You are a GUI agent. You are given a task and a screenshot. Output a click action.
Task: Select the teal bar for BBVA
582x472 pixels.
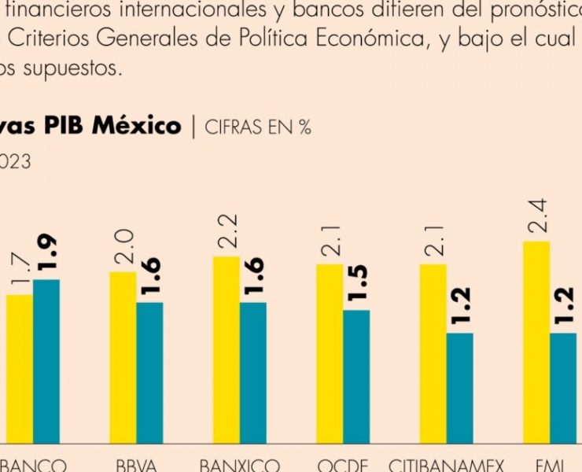[149, 373]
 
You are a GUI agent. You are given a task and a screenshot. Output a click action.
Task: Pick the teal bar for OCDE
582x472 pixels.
[356, 377]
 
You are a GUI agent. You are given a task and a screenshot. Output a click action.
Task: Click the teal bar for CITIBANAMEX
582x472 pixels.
[459, 389]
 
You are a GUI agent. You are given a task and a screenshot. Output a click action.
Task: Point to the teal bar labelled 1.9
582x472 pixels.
[46, 361]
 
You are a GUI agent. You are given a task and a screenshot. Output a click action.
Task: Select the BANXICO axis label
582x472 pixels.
[239, 464]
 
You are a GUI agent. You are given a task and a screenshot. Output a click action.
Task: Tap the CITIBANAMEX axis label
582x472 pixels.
[447, 464]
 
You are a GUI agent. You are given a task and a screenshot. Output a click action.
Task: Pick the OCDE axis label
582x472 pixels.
[342, 464]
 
